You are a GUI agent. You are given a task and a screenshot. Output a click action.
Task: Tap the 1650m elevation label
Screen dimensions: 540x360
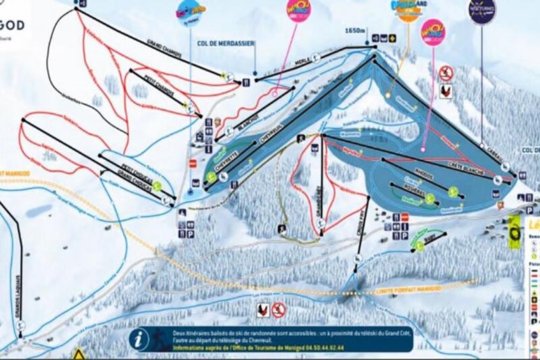[354, 30]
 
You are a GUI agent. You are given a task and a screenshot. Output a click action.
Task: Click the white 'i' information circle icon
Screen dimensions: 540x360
[139, 339]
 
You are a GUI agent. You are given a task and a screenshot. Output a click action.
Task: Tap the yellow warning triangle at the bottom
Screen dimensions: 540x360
[78, 354]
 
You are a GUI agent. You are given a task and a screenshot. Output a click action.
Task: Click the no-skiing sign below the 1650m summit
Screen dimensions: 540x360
[446, 73]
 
